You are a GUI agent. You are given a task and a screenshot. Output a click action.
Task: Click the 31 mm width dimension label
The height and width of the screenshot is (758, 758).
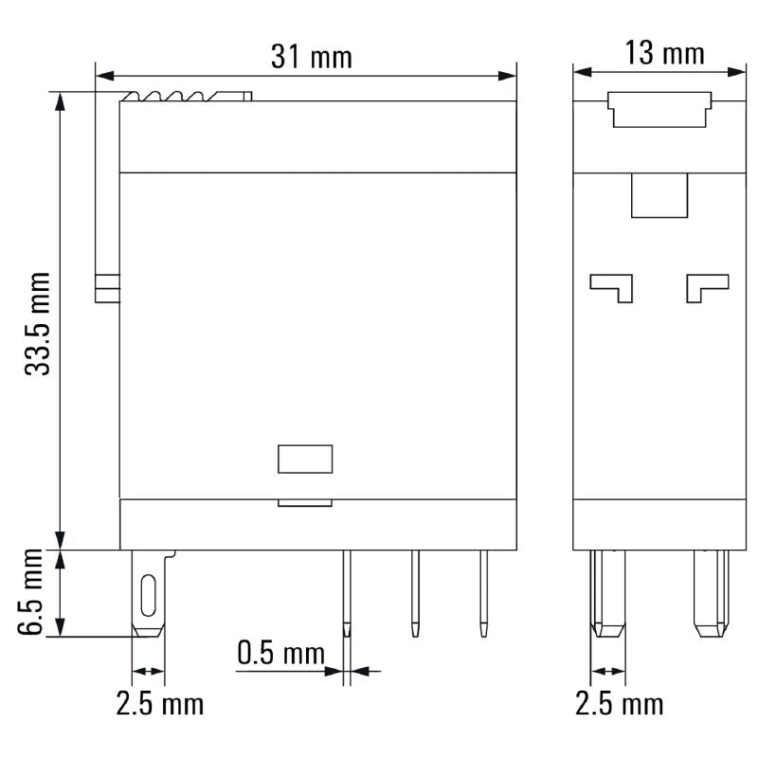tap(311, 57)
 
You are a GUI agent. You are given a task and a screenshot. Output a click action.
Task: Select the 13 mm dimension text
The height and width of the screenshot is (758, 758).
tap(665, 53)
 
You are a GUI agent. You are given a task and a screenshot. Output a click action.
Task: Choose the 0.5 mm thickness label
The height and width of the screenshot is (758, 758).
tap(280, 653)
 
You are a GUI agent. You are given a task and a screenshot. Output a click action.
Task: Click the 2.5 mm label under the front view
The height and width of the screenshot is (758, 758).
tap(159, 703)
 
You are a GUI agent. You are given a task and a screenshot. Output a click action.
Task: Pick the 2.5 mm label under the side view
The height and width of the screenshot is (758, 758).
tap(620, 703)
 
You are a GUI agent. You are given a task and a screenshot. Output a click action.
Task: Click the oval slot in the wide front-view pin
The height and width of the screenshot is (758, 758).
tap(148, 595)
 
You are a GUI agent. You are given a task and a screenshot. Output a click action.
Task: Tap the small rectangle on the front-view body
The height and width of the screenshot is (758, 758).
tap(305, 459)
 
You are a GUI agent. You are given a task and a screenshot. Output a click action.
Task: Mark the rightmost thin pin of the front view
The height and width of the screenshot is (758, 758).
tap(483, 592)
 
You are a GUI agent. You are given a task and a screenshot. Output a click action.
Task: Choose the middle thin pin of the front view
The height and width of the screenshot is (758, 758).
tap(414, 592)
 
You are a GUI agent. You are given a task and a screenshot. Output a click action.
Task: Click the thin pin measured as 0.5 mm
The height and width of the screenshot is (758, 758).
tap(347, 592)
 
